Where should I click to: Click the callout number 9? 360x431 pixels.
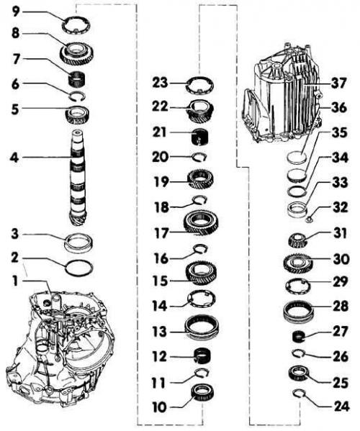point(16,12)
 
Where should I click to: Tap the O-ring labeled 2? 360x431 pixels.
point(79,267)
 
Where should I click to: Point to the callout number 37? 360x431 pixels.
point(338,83)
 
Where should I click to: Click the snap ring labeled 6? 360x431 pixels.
point(77,95)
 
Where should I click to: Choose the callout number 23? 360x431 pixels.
point(160,83)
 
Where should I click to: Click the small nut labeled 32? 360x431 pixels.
point(310,219)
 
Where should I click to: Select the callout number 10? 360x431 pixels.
point(159,407)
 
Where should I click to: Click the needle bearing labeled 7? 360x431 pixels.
point(77,78)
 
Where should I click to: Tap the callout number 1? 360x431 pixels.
point(15,281)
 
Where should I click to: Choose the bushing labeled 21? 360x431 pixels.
point(199,137)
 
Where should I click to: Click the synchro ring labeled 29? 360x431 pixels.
point(298,286)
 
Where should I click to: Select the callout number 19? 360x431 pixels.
point(160,181)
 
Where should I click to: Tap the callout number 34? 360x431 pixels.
point(340,158)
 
